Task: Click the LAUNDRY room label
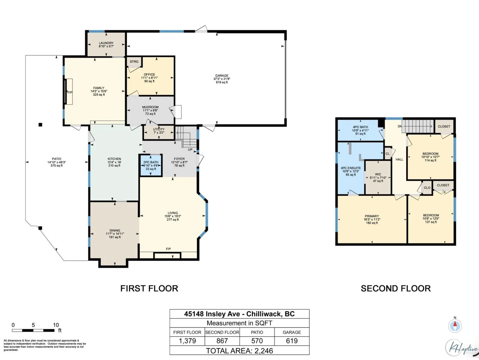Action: (x=106, y=43)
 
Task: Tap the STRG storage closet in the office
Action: (x=134, y=61)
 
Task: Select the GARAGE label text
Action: (x=222, y=75)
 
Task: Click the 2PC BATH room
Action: (x=151, y=166)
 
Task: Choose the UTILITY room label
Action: (x=159, y=129)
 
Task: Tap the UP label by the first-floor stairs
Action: (x=190, y=149)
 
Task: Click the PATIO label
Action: (x=57, y=159)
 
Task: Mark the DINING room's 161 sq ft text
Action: (x=115, y=237)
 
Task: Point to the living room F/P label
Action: (x=168, y=249)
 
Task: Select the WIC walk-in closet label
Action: (x=378, y=174)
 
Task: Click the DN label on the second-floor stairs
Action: (x=400, y=126)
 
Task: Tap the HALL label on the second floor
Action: (x=399, y=159)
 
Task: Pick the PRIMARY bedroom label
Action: (x=372, y=216)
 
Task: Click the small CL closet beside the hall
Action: (x=388, y=153)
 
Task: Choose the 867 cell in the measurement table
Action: (x=222, y=340)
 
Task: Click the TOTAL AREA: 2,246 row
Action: (x=239, y=350)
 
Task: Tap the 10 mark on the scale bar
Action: (x=56, y=325)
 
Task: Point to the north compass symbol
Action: (x=455, y=326)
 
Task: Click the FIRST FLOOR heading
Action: (x=149, y=288)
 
